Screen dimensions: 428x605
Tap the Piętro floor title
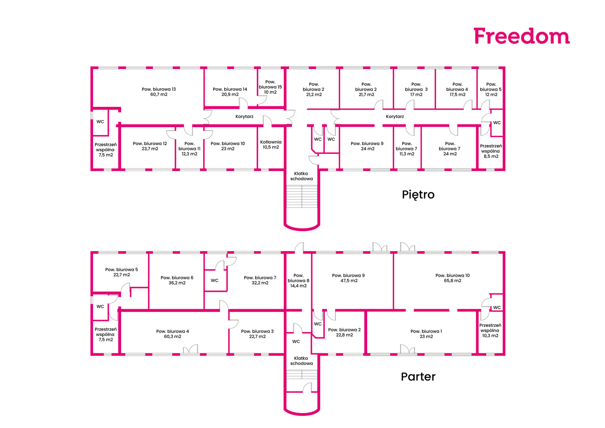pyautogui.click(x=418, y=195)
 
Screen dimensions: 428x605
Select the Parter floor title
pyautogui.click(x=418, y=377)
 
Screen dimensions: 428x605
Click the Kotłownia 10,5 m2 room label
pyautogui.click(x=271, y=145)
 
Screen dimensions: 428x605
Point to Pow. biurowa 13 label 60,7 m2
pyautogui.click(x=159, y=92)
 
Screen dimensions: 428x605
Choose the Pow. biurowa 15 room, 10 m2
pyautogui.click(x=270, y=87)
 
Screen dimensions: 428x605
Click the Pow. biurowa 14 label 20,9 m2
pyautogui.click(x=230, y=92)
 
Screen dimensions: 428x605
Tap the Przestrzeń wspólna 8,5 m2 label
pyautogui.click(x=491, y=151)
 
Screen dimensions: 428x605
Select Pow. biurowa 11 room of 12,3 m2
pyautogui.click(x=189, y=149)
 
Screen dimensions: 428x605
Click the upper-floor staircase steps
pyautogui.click(x=302, y=197)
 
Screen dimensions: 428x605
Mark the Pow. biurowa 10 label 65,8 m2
pyautogui.click(x=452, y=278)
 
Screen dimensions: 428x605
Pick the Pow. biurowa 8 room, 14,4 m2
pyautogui.click(x=298, y=281)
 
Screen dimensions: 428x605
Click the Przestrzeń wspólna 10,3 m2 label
pyautogui.click(x=490, y=330)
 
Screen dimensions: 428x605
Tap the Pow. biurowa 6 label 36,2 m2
pyautogui.click(x=177, y=280)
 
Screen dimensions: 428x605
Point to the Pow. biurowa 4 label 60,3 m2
pyautogui.click(x=172, y=334)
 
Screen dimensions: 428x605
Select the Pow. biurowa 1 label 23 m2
pyautogui.click(x=426, y=334)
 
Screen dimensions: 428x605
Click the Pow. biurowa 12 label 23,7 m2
pyautogui.click(x=150, y=146)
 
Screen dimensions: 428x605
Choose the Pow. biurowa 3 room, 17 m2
pyautogui.click(x=416, y=90)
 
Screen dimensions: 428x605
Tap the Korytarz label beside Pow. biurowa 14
pyautogui.click(x=244, y=116)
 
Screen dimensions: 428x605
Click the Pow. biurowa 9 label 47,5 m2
pyautogui.click(x=348, y=278)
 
